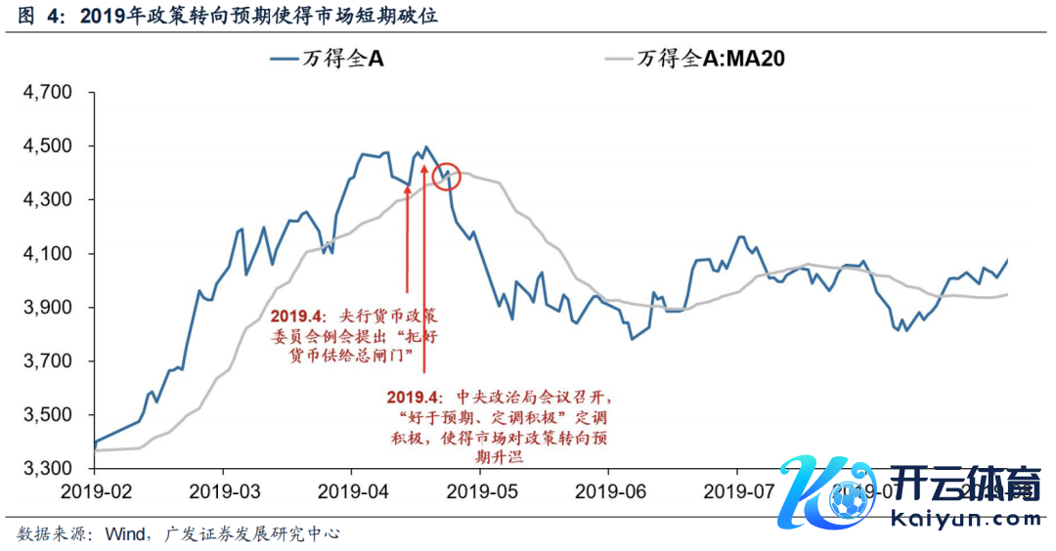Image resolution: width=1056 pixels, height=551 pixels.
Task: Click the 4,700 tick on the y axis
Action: (46, 94)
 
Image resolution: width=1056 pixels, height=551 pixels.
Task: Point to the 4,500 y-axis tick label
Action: (46, 148)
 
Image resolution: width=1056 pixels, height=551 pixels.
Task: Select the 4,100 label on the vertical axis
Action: (46, 255)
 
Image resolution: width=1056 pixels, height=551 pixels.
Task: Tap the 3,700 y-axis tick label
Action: (46, 362)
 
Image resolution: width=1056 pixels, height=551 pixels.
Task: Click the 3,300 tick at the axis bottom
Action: (46, 470)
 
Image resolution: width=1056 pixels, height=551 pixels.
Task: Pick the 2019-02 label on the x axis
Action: (94, 489)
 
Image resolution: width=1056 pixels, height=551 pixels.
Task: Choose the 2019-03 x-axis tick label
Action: (222, 489)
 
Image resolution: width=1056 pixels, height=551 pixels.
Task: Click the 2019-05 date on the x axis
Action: (480, 489)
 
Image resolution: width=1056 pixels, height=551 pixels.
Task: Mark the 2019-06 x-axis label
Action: (608, 489)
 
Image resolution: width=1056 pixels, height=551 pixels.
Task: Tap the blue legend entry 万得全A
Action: (328, 59)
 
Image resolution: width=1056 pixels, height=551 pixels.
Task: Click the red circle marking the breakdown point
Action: (446, 176)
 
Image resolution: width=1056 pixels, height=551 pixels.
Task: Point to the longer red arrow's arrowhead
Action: (424, 167)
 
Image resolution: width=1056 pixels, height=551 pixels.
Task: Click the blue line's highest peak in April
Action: (426, 148)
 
